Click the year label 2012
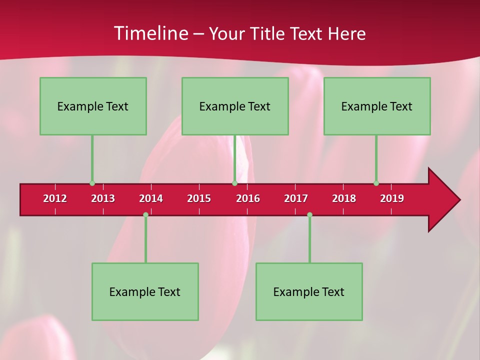(55, 198)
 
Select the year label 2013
(103, 198)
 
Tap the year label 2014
(151, 198)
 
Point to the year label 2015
(199, 198)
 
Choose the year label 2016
(248, 198)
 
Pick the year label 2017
(296, 198)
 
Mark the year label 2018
(344, 198)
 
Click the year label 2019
(392, 198)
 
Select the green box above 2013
(93, 106)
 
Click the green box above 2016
(235, 106)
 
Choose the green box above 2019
(377, 106)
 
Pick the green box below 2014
(145, 291)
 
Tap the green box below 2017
(309, 291)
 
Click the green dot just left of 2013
(92, 183)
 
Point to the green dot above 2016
(234, 183)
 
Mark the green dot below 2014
(145, 214)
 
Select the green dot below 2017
(309, 214)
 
